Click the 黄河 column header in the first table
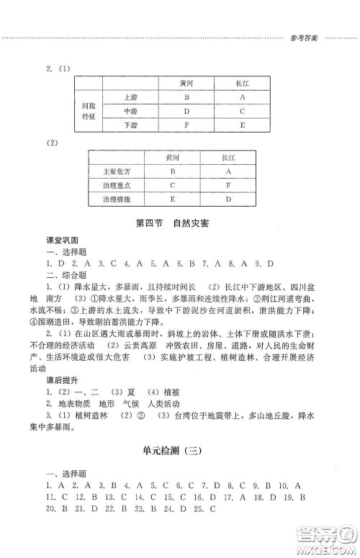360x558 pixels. [186, 83]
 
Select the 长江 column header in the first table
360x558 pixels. [242, 83]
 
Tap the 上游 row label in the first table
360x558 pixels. [130, 96]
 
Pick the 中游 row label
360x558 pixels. [130, 111]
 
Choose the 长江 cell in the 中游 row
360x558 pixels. [242, 111]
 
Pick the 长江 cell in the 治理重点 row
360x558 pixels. [228, 184]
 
